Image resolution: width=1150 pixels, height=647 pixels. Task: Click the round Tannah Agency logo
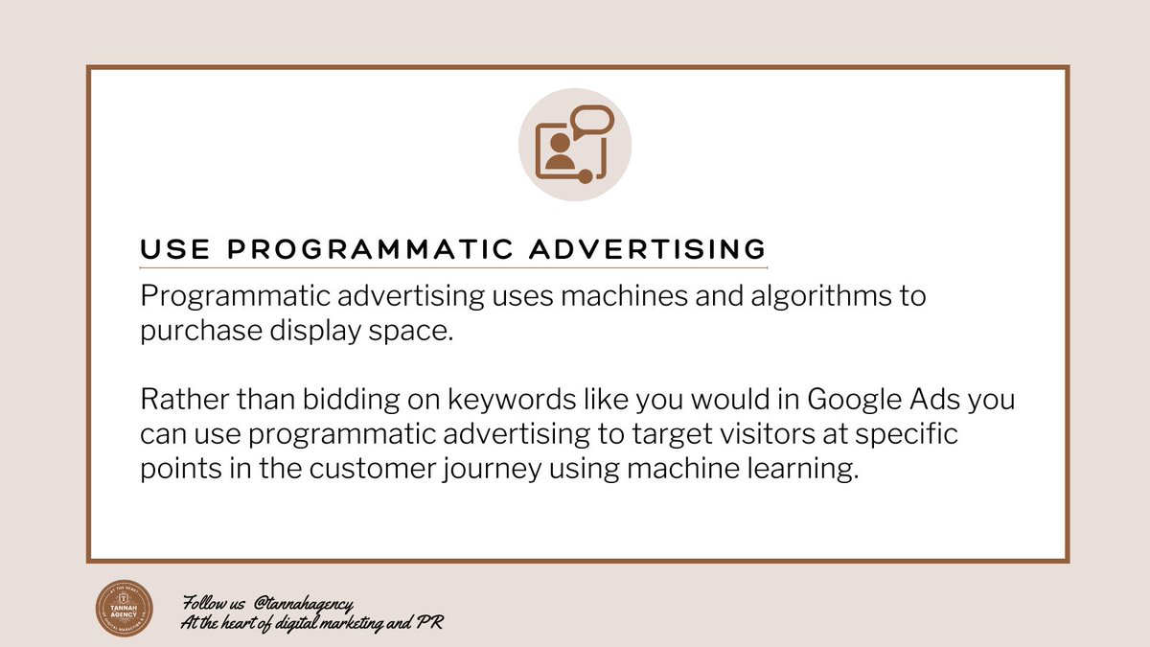pyautogui.click(x=128, y=608)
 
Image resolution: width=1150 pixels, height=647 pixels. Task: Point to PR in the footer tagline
pyautogui.click(x=429, y=622)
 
